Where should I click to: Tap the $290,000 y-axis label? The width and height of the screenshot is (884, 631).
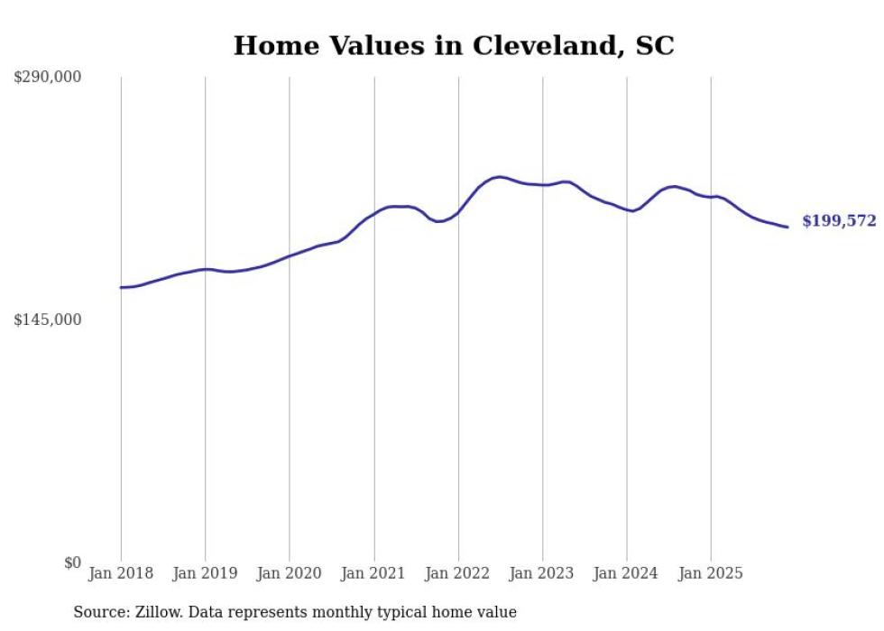coord(48,78)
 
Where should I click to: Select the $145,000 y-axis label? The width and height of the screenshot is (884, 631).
coord(48,320)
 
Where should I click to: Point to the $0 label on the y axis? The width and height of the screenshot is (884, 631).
coord(72,562)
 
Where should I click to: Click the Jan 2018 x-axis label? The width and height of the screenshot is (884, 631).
coord(121,573)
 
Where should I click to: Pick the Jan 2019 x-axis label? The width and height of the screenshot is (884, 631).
coord(205,573)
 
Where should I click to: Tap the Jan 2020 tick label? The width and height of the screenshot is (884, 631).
coord(290,573)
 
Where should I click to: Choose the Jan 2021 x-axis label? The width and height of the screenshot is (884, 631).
coord(373,573)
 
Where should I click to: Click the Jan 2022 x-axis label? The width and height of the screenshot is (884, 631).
coord(458,573)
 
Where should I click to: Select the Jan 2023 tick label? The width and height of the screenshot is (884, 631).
coord(542,573)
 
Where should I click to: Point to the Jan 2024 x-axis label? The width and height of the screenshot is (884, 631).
coord(627,573)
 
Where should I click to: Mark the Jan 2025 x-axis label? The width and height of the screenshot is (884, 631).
coord(711,573)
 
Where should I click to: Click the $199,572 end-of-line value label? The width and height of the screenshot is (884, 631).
coord(839,221)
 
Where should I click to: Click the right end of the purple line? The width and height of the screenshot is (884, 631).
coord(788,227)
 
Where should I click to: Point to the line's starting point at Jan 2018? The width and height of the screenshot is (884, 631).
coord(121,287)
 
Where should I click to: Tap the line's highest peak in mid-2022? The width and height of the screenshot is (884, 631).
coord(499,177)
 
